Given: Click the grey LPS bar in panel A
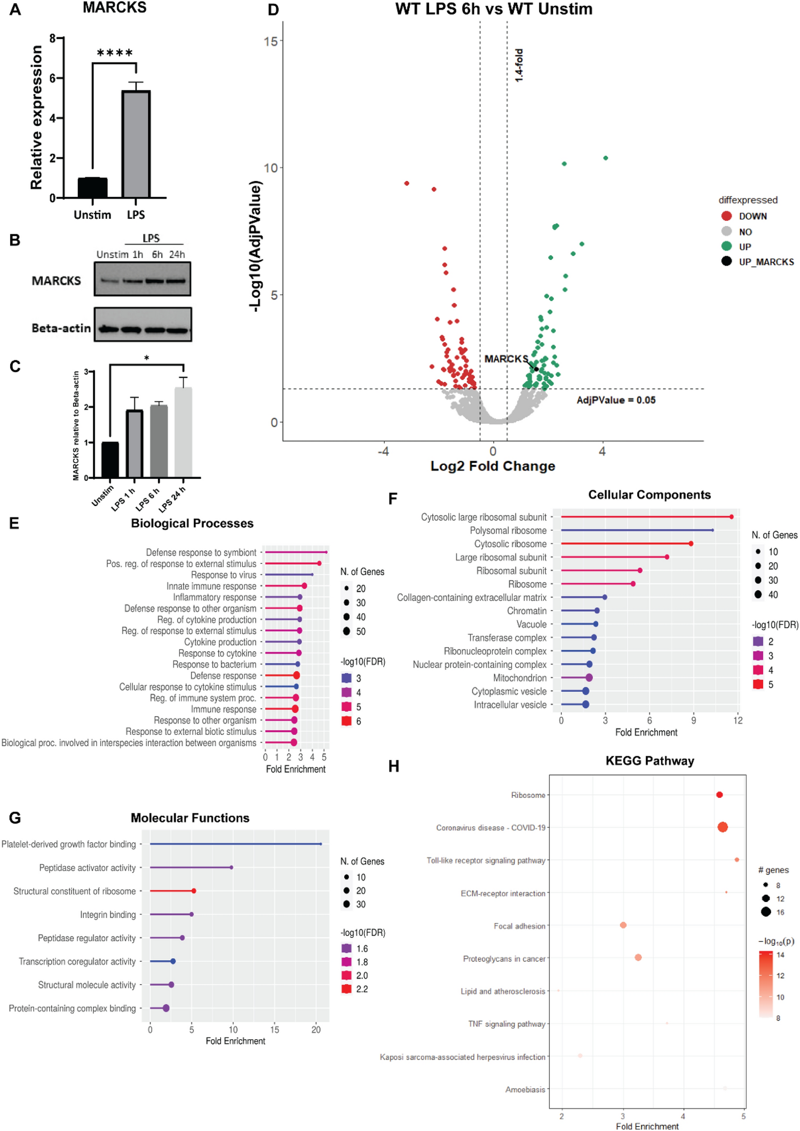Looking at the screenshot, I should [x=136, y=144].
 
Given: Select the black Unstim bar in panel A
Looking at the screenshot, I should [x=92, y=187].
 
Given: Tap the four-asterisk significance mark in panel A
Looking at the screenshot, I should [x=115, y=53].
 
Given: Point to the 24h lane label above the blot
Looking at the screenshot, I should [x=177, y=255].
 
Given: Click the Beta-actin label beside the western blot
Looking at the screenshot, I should [x=61, y=328].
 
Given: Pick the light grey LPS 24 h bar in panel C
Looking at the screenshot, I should [x=183, y=432].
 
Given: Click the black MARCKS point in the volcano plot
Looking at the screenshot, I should [x=536, y=369].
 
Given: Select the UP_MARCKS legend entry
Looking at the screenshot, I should [x=766, y=262].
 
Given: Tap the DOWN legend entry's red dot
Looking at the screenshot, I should [x=726, y=216].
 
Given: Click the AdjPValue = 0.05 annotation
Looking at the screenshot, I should [x=616, y=400].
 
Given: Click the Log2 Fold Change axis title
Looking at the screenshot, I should [x=493, y=466].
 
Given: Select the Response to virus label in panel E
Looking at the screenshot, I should [x=224, y=575].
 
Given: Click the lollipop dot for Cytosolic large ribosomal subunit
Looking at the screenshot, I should [x=731, y=517].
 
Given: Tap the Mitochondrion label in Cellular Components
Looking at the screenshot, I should [x=520, y=678].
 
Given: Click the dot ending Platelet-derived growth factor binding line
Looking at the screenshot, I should [x=320, y=844].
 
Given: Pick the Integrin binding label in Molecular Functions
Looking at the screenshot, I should [x=108, y=914].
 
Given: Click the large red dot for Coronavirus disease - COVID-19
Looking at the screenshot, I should [x=723, y=827].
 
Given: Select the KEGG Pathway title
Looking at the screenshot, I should [x=649, y=761].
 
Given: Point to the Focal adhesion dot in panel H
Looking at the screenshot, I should [x=623, y=925].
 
